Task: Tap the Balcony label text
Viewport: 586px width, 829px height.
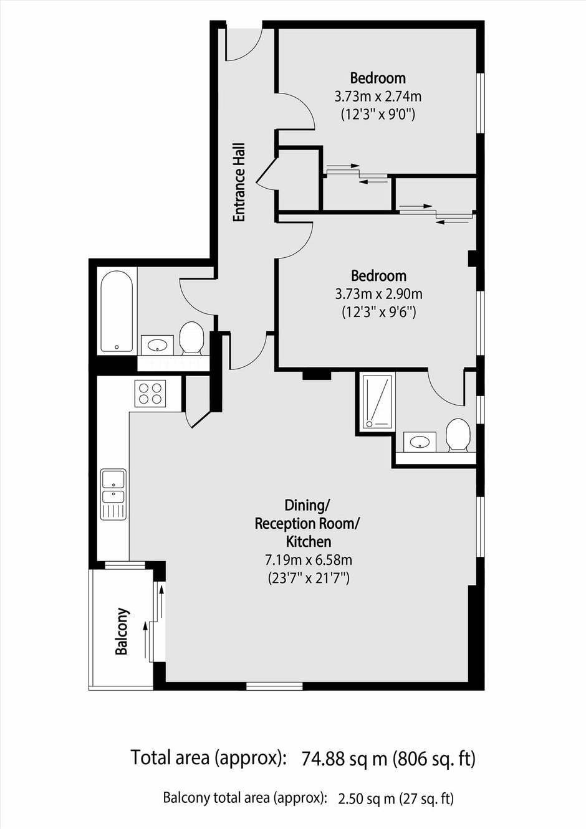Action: [123, 631]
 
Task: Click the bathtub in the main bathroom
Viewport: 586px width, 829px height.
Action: [117, 311]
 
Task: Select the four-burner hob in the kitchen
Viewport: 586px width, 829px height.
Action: [150, 393]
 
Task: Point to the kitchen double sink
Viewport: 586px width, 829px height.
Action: [114, 494]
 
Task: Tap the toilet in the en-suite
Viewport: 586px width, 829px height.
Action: [458, 435]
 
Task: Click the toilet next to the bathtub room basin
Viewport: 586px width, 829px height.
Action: [191, 338]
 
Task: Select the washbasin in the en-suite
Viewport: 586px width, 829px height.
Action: [420, 442]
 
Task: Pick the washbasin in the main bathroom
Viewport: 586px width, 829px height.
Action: [158, 345]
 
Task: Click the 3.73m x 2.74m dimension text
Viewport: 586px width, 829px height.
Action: [378, 97]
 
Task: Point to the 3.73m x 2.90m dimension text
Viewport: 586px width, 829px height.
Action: [378, 295]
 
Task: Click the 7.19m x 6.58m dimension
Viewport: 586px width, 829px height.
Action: [308, 560]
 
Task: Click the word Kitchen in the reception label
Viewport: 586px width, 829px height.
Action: [308, 542]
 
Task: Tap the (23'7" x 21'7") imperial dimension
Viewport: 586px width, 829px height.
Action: [308, 578]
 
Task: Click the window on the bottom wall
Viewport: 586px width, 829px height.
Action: [274, 686]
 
